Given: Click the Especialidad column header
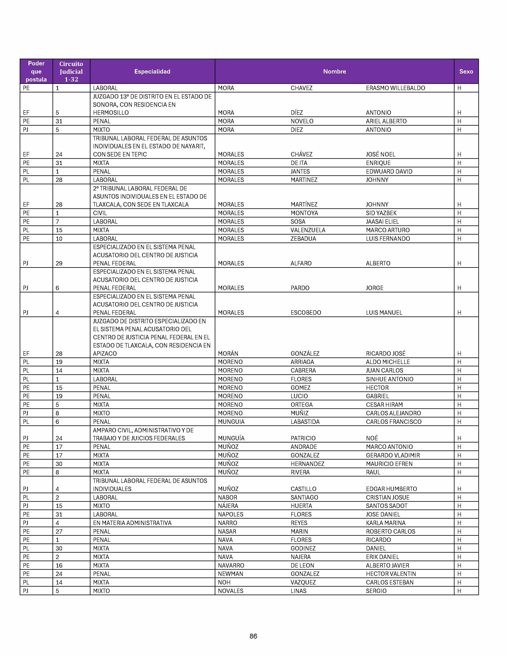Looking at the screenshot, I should [152, 72].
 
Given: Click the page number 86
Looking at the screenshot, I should [253, 636].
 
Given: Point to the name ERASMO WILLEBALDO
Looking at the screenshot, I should [395, 88].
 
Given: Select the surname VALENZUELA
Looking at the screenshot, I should [308, 230].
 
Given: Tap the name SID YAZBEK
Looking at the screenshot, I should [381, 213].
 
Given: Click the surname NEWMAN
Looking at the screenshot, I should [230, 574].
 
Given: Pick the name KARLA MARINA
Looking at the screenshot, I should [386, 523].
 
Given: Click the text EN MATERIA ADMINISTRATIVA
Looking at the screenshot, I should [132, 523].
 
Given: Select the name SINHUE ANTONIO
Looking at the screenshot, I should [389, 379].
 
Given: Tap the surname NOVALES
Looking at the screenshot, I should [230, 591].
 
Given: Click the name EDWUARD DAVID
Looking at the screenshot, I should [389, 172].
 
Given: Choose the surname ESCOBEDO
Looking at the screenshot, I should [306, 313].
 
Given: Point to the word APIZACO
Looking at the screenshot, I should [105, 353].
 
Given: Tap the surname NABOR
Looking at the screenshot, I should [227, 497].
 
